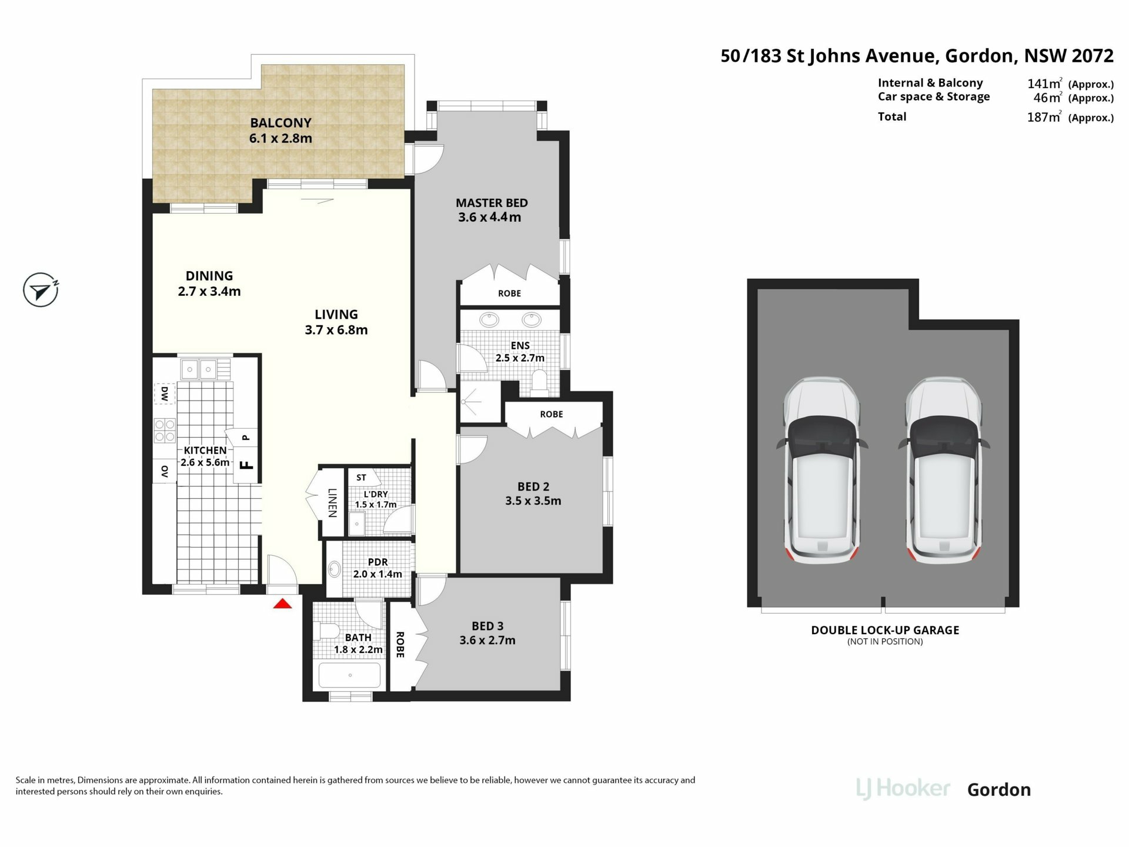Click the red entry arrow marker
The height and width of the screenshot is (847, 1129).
tap(282, 603)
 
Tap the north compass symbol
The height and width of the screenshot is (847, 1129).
tap(41, 290)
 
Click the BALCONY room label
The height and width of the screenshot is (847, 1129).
tap(280, 123)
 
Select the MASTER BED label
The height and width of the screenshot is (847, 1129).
tap(492, 203)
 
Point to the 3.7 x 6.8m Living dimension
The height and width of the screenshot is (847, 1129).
tap(336, 330)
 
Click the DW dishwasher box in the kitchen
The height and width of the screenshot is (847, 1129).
tap(165, 394)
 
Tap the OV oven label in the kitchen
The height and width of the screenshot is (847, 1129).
tap(165, 472)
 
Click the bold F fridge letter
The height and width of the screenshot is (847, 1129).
tap(248, 465)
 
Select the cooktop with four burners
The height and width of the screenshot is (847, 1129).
tap(164, 430)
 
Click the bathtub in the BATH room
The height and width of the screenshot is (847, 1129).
tap(350, 675)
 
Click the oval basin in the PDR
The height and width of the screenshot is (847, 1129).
tap(335, 569)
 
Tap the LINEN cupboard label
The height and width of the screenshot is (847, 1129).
tap(332, 503)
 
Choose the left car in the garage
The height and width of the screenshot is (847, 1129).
tap(821, 471)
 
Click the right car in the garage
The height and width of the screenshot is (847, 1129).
tap(944, 471)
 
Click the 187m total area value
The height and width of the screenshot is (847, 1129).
tap(1044, 117)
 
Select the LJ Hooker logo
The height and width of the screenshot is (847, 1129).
tap(903, 789)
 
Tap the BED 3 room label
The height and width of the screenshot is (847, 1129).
tap(487, 626)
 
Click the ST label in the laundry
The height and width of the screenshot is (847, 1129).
tap(361, 478)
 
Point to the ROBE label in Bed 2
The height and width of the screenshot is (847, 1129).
tap(552, 414)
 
